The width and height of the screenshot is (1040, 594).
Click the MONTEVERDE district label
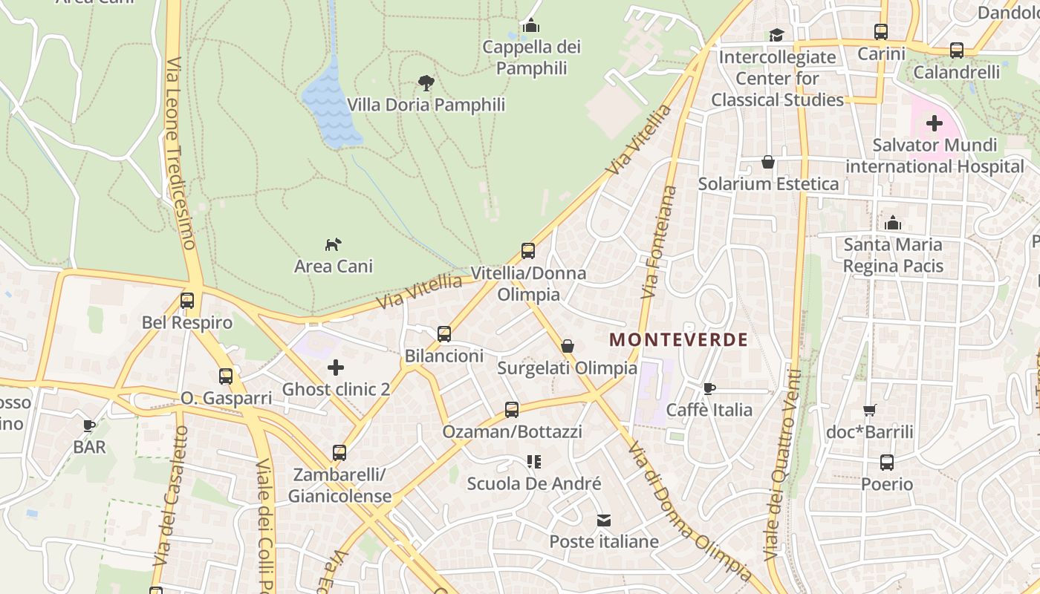click(678, 340)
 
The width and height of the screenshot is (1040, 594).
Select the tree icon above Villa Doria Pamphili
click(426, 82)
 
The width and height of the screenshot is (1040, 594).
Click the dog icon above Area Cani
click(334, 244)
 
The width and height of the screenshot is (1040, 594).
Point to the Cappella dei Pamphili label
click(531, 58)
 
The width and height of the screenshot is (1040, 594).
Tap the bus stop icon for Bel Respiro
click(187, 301)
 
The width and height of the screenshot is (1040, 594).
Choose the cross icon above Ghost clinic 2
click(336, 367)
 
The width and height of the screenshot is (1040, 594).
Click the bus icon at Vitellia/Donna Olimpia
click(528, 251)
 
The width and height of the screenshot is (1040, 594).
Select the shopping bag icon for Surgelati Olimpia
click(568, 346)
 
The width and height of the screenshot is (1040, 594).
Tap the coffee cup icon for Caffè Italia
click(709, 388)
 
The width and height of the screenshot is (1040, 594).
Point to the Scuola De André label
click(533, 484)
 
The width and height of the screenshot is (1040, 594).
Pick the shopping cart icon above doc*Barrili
click(870, 411)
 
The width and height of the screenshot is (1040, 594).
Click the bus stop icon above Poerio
click(887, 463)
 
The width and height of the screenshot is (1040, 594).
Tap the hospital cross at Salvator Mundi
click(935, 123)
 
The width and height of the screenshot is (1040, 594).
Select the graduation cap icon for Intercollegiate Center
click(777, 35)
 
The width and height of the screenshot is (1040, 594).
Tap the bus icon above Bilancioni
click(444, 334)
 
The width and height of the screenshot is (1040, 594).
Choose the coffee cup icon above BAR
click(89, 425)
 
